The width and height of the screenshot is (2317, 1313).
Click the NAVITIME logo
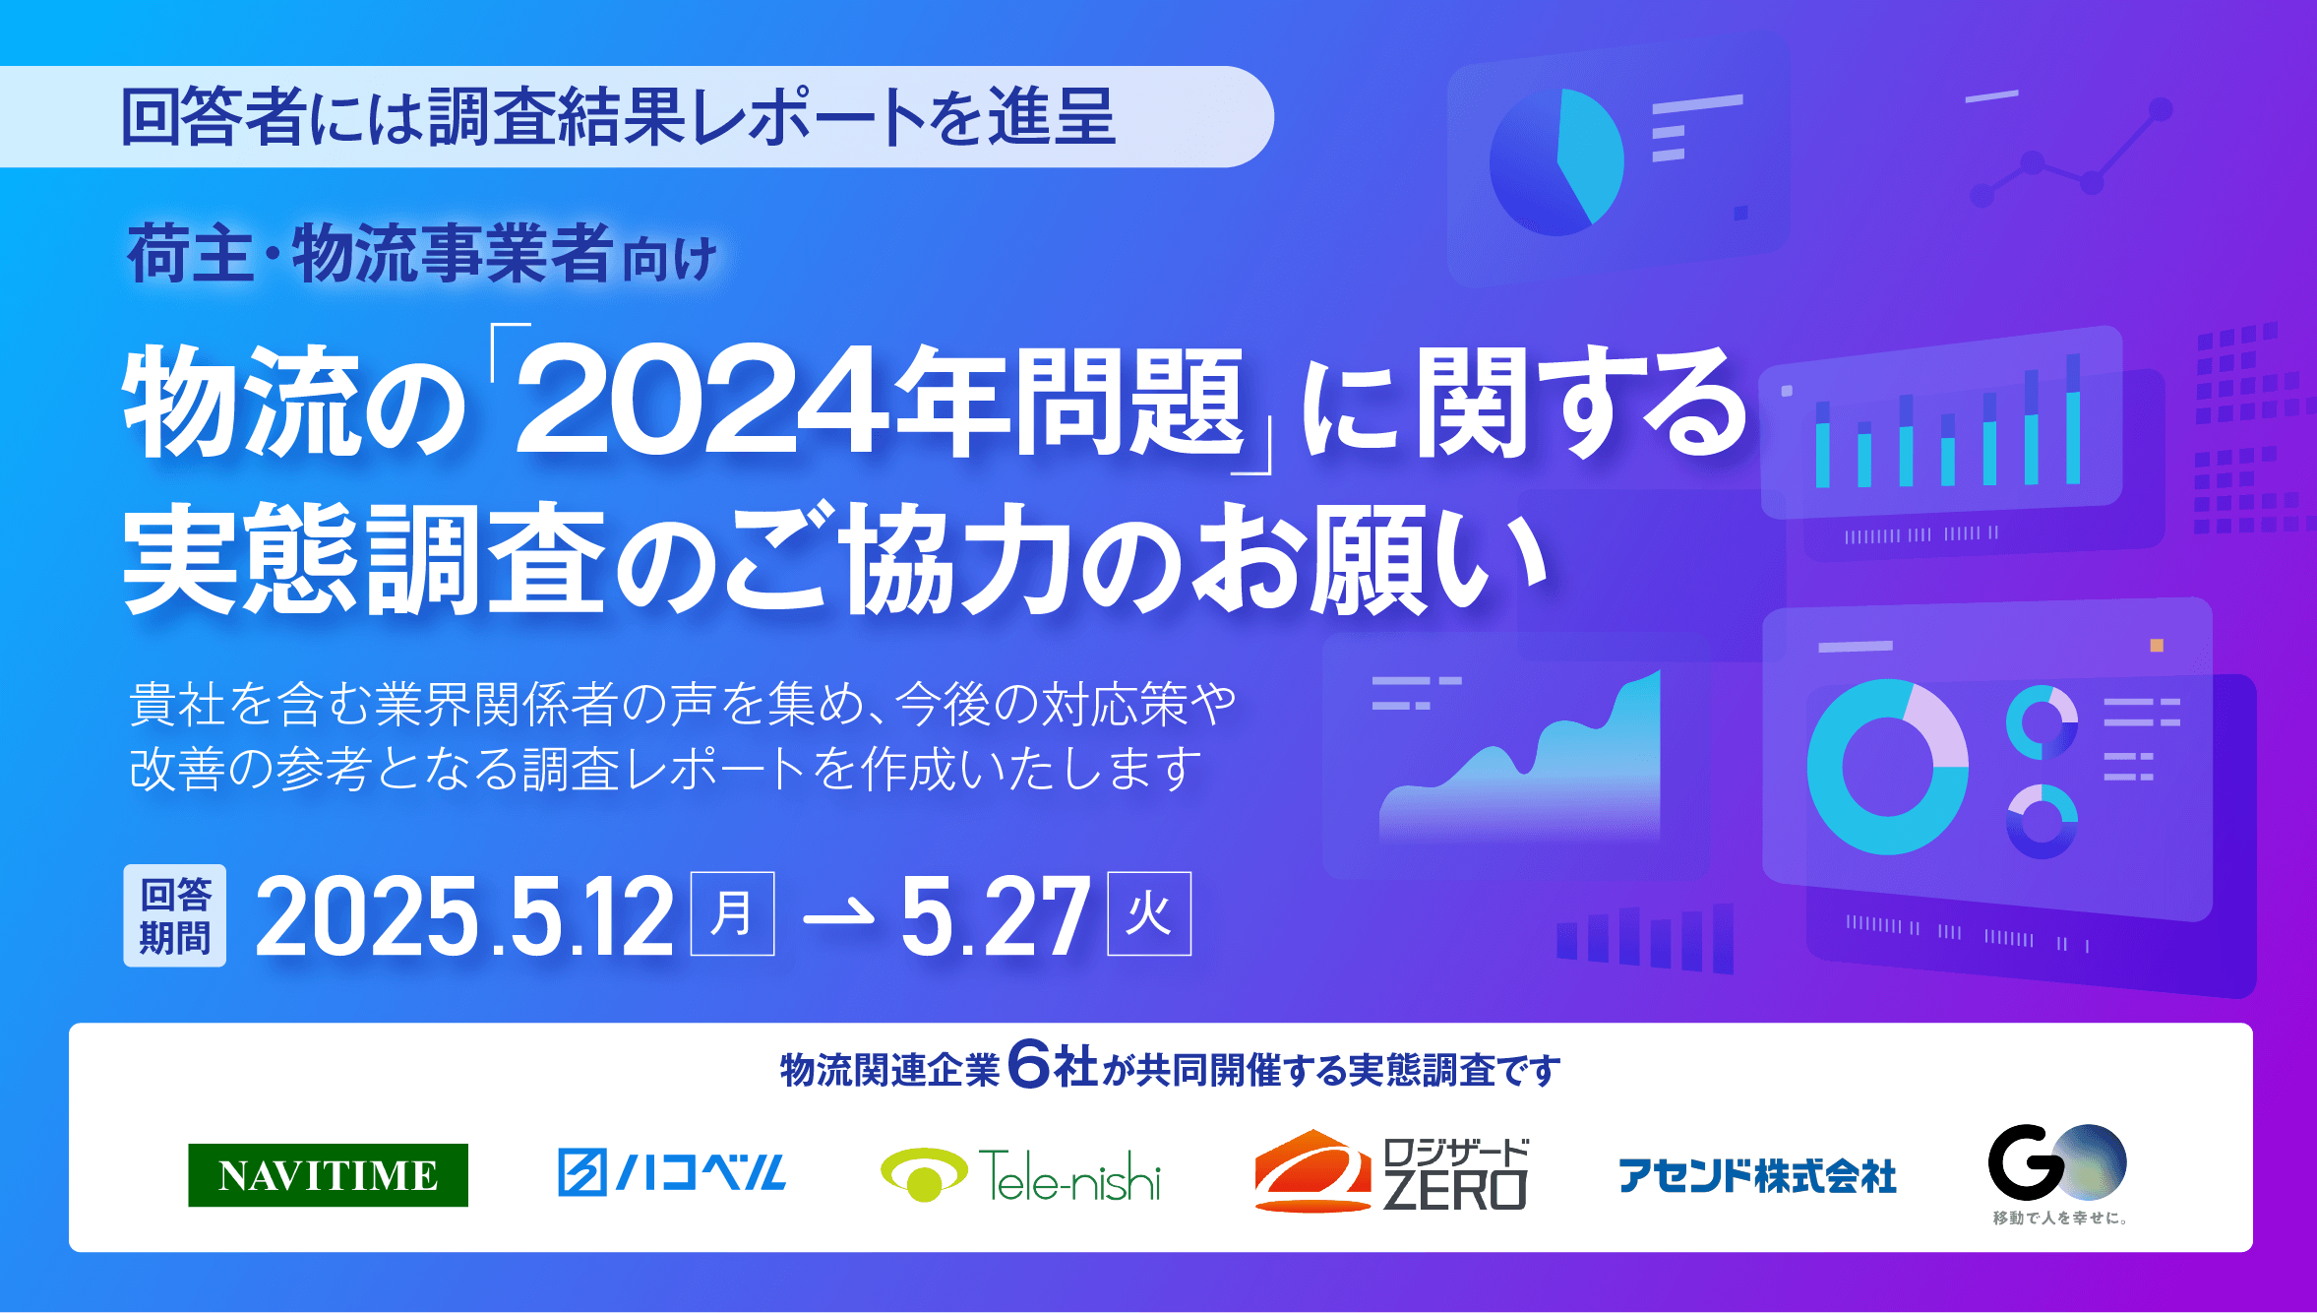pos(328,1174)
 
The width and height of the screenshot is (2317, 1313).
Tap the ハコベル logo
pos(671,1172)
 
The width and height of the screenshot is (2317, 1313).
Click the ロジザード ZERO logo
pos(1390,1171)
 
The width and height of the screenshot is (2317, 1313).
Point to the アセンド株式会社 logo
pos(1757,1175)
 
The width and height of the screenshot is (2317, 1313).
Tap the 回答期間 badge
pos(175,915)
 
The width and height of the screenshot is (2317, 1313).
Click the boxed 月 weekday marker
pos(732,913)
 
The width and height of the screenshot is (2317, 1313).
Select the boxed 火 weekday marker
pos(1149,913)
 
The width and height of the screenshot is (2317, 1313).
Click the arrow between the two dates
pos(838,916)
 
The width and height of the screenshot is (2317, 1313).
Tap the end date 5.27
pos(995,917)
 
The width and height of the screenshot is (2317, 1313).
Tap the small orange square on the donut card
pos(2157,646)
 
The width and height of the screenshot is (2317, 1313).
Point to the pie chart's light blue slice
pos(1589,153)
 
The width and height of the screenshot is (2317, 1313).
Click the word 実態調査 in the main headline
pos(364,559)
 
